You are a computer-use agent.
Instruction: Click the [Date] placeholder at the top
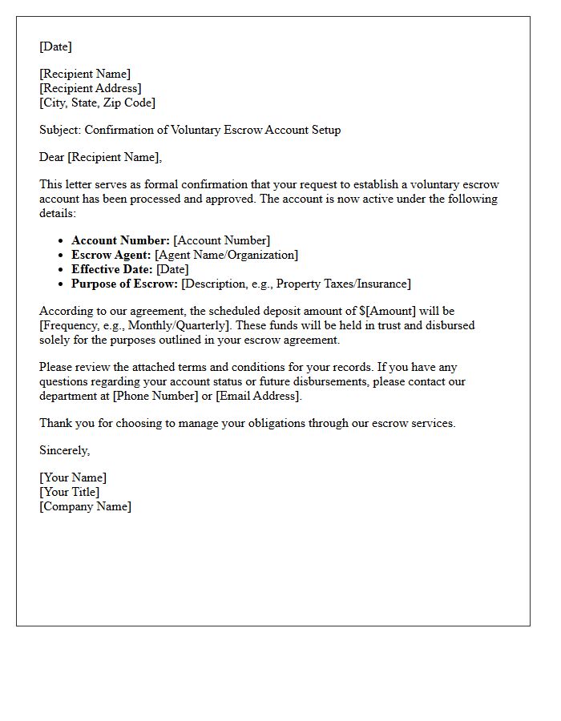pos(55,46)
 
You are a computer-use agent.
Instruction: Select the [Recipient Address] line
pos(91,88)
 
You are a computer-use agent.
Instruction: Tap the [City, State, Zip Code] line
pos(97,103)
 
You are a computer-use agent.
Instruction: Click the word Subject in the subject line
pos(59,130)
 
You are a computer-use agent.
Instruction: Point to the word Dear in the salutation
pos(52,157)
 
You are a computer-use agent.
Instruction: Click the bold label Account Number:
pos(120,240)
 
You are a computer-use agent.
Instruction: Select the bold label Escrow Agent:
pos(111,255)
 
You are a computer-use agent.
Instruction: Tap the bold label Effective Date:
pos(112,269)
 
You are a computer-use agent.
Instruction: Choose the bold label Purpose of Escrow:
pos(125,284)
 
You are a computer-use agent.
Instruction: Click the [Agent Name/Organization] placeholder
pos(226,255)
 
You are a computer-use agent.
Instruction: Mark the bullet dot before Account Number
pos(62,240)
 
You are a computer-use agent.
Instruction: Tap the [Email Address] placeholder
pos(257,396)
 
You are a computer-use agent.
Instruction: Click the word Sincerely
pos(64,450)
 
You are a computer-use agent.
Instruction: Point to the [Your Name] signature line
pos(73,477)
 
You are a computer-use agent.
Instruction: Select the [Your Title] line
pos(70,492)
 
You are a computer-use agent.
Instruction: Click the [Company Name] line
pos(85,506)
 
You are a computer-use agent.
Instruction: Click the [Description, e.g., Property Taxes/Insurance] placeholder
pos(296,284)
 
